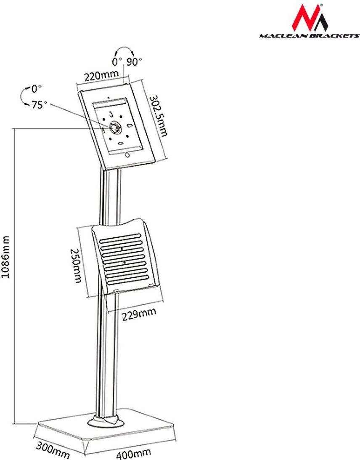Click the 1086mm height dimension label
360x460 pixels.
[x=6, y=256]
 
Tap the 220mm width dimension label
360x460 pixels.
[x=102, y=76]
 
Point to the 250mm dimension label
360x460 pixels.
[x=76, y=266]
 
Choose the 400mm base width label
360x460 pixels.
[x=133, y=454]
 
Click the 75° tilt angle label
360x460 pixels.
[x=39, y=105]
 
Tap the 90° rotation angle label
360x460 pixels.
[x=134, y=62]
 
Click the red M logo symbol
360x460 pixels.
[x=310, y=18]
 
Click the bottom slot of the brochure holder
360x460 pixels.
[x=129, y=281]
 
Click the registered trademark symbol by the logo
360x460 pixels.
[x=321, y=5]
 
